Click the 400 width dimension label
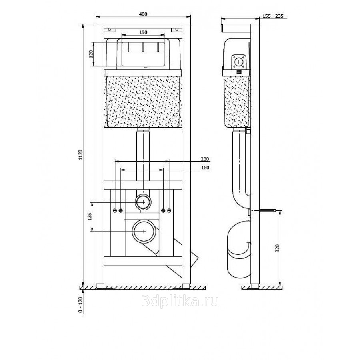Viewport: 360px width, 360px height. pos(143,14)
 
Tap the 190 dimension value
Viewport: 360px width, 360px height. pos(143,32)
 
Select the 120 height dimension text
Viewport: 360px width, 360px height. pos(91,54)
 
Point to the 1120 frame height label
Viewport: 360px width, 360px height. pos(80,155)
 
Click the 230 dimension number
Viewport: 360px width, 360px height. pos(205,159)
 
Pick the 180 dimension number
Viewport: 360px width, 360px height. pos(205,168)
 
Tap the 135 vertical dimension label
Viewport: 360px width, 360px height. pos(90,217)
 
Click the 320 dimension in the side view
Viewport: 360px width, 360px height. pos(277,248)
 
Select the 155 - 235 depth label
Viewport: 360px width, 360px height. pos(273,16)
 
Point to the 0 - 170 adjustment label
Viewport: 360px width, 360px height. pos(80,305)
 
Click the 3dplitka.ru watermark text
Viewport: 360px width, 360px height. pos(180,301)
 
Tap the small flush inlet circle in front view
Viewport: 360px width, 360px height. pos(143,202)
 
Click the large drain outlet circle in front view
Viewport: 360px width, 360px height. pos(144,231)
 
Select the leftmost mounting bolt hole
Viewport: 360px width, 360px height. pos(115,210)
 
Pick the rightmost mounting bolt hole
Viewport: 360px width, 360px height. pos(170,210)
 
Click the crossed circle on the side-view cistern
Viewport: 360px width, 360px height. pos(239,62)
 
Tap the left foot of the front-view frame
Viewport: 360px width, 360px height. pos(100,286)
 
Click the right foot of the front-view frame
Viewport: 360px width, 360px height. pos(186,286)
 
